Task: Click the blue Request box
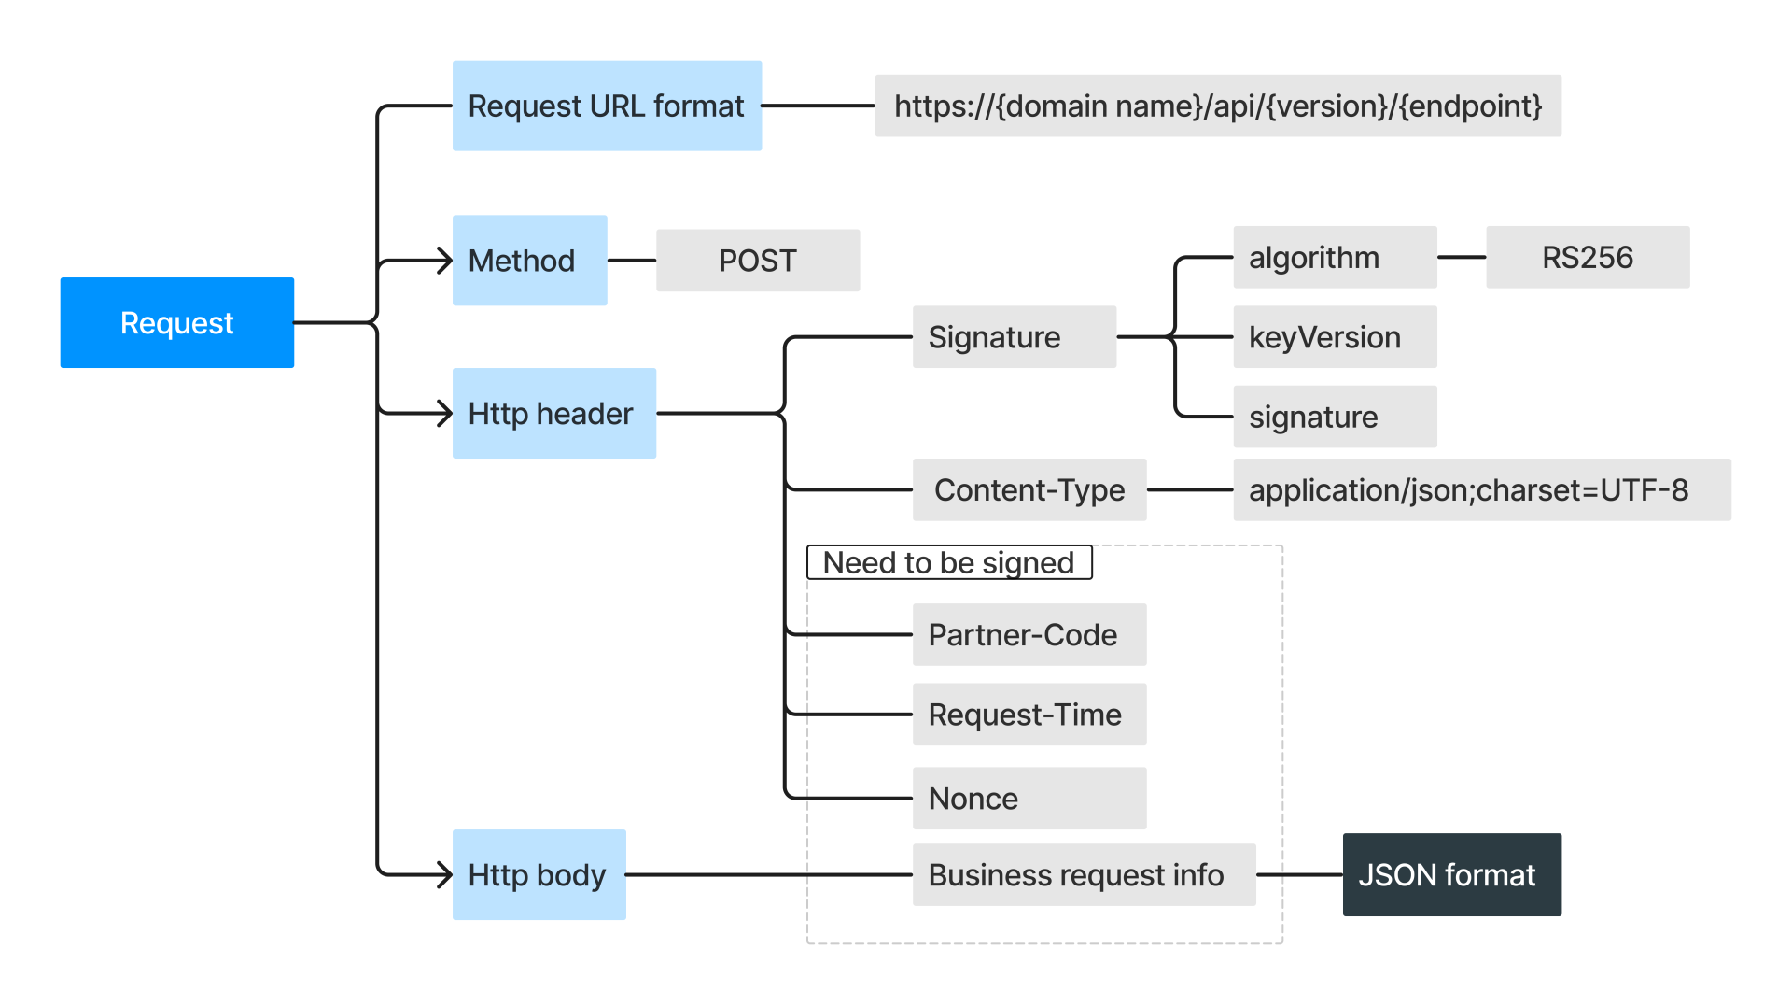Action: pyautogui.click(x=176, y=322)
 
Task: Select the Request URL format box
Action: pyautogui.click(x=607, y=106)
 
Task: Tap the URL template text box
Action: pyautogui.click(x=1217, y=106)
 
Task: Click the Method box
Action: pyautogui.click(x=529, y=261)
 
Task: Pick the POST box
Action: pyautogui.click(x=757, y=261)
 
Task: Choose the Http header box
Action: pyautogui.click(x=553, y=413)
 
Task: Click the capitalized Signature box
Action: pyautogui.click(x=1014, y=336)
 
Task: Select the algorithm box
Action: pyautogui.click(x=1334, y=257)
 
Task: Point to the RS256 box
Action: pyautogui.click(x=1587, y=257)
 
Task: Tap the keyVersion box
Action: pyautogui.click(x=1334, y=336)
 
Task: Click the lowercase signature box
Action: pyautogui.click(x=1334, y=417)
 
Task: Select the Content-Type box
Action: pyautogui.click(x=1029, y=489)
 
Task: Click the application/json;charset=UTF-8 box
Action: pyautogui.click(x=1481, y=489)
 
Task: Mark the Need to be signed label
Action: pyautogui.click(x=948, y=562)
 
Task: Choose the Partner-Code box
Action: pyautogui.click(x=1029, y=634)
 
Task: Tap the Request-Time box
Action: pyautogui.click(x=1029, y=715)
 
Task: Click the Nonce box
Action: pyautogui.click(x=1029, y=798)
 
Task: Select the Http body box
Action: pyautogui.click(x=539, y=874)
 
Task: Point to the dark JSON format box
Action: pyautogui.click(x=1451, y=874)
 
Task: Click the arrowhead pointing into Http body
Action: pyautogui.click(x=445, y=874)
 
